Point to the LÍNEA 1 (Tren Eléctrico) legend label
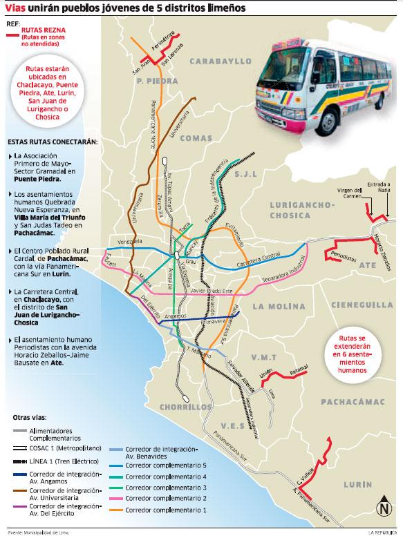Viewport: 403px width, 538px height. [x=66, y=460]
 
